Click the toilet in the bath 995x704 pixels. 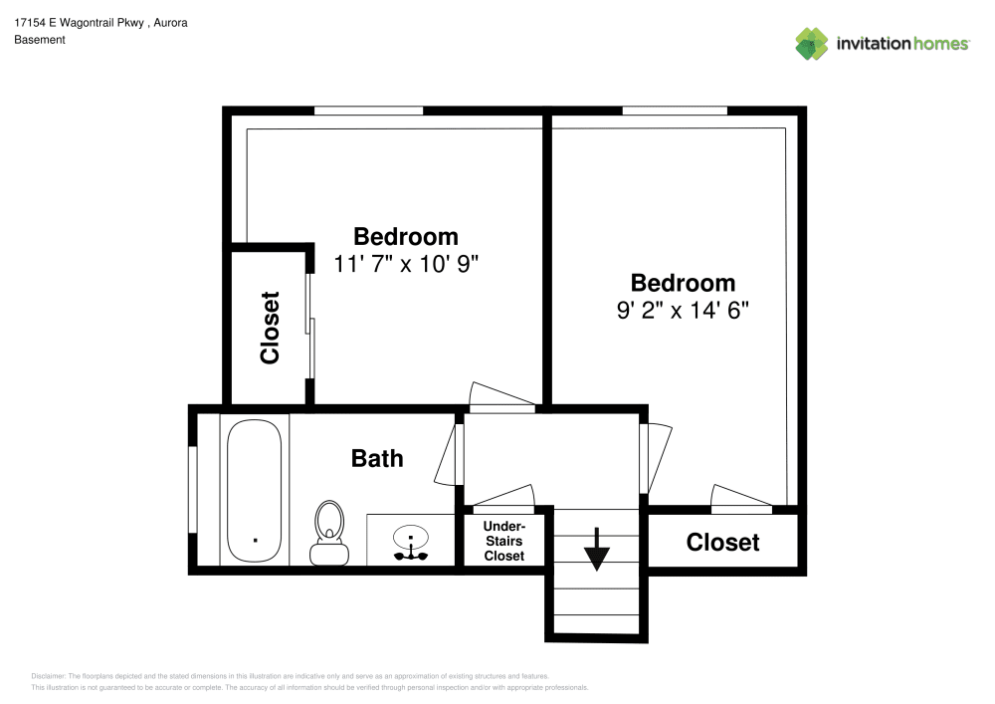point(329,532)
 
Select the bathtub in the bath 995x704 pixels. point(256,491)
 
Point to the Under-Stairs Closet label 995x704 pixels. point(503,541)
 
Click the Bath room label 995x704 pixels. point(377,458)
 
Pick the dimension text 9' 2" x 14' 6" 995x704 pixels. point(683,310)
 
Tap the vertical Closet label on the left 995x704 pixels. point(270,327)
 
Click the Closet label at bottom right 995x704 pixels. point(722,542)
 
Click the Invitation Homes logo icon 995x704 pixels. point(812,43)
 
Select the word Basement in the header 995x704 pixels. point(40,40)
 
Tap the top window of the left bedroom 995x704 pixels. point(368,111)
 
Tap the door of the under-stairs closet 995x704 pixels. point(503,498)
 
